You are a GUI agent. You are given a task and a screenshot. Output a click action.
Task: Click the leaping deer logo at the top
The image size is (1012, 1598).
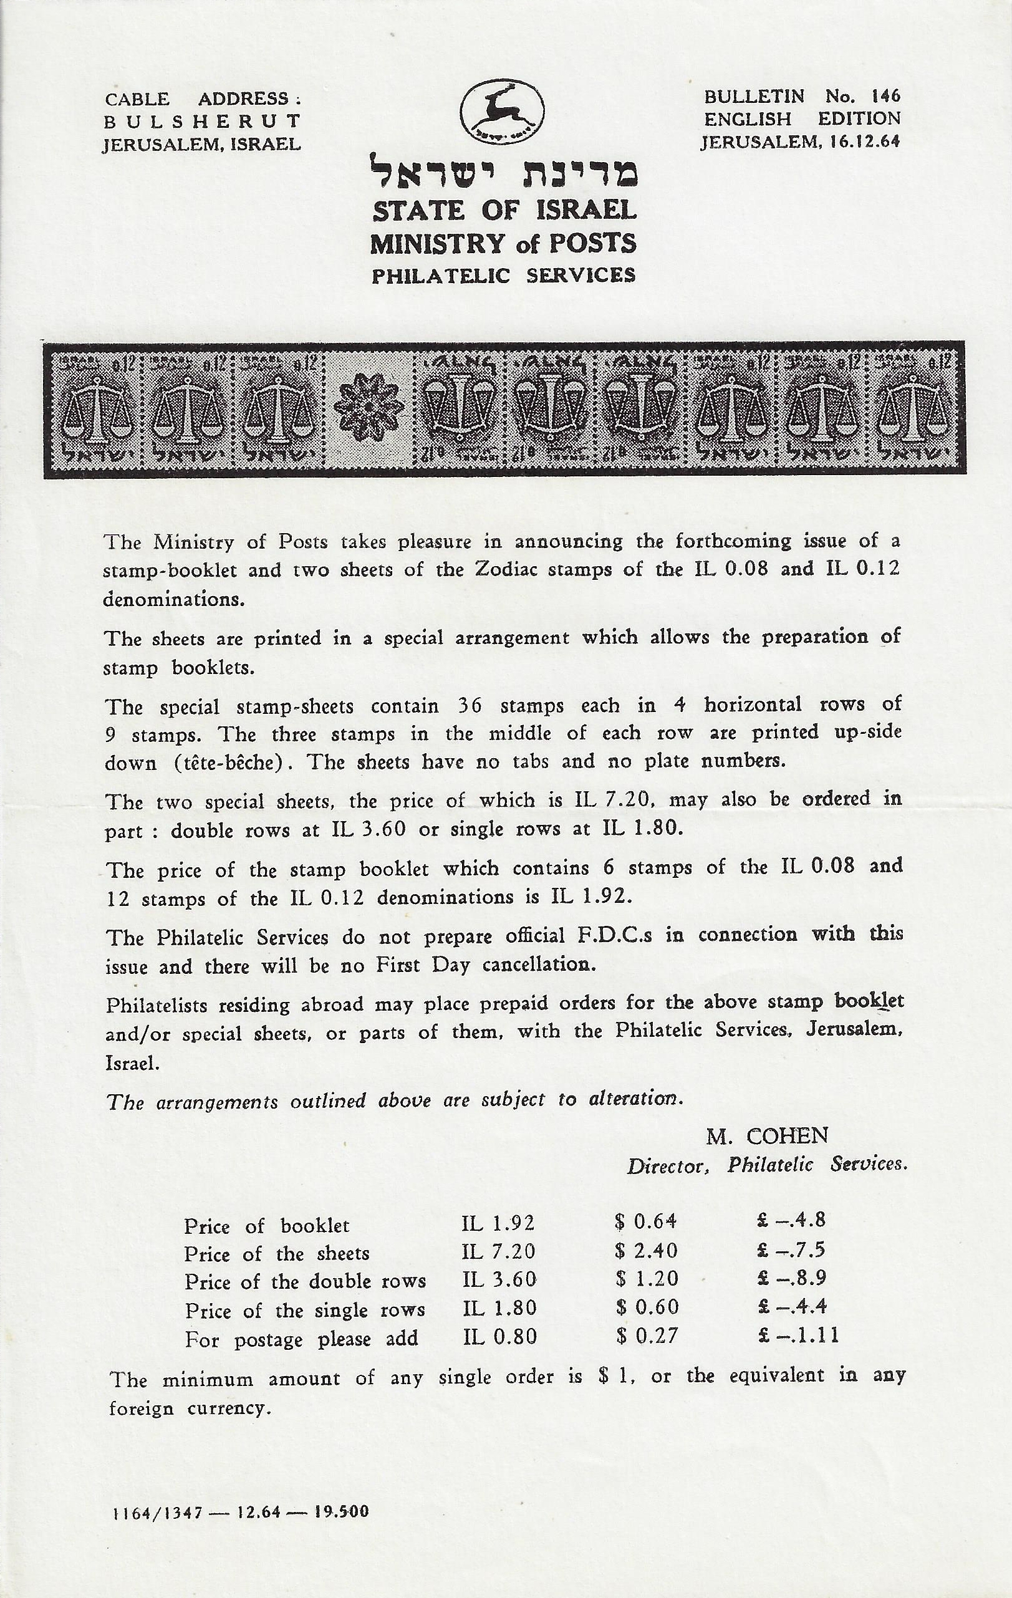503,112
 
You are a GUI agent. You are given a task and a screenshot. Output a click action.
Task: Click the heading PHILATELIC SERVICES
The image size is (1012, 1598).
503,275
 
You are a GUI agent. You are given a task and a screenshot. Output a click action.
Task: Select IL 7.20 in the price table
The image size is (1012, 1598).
498,1251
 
